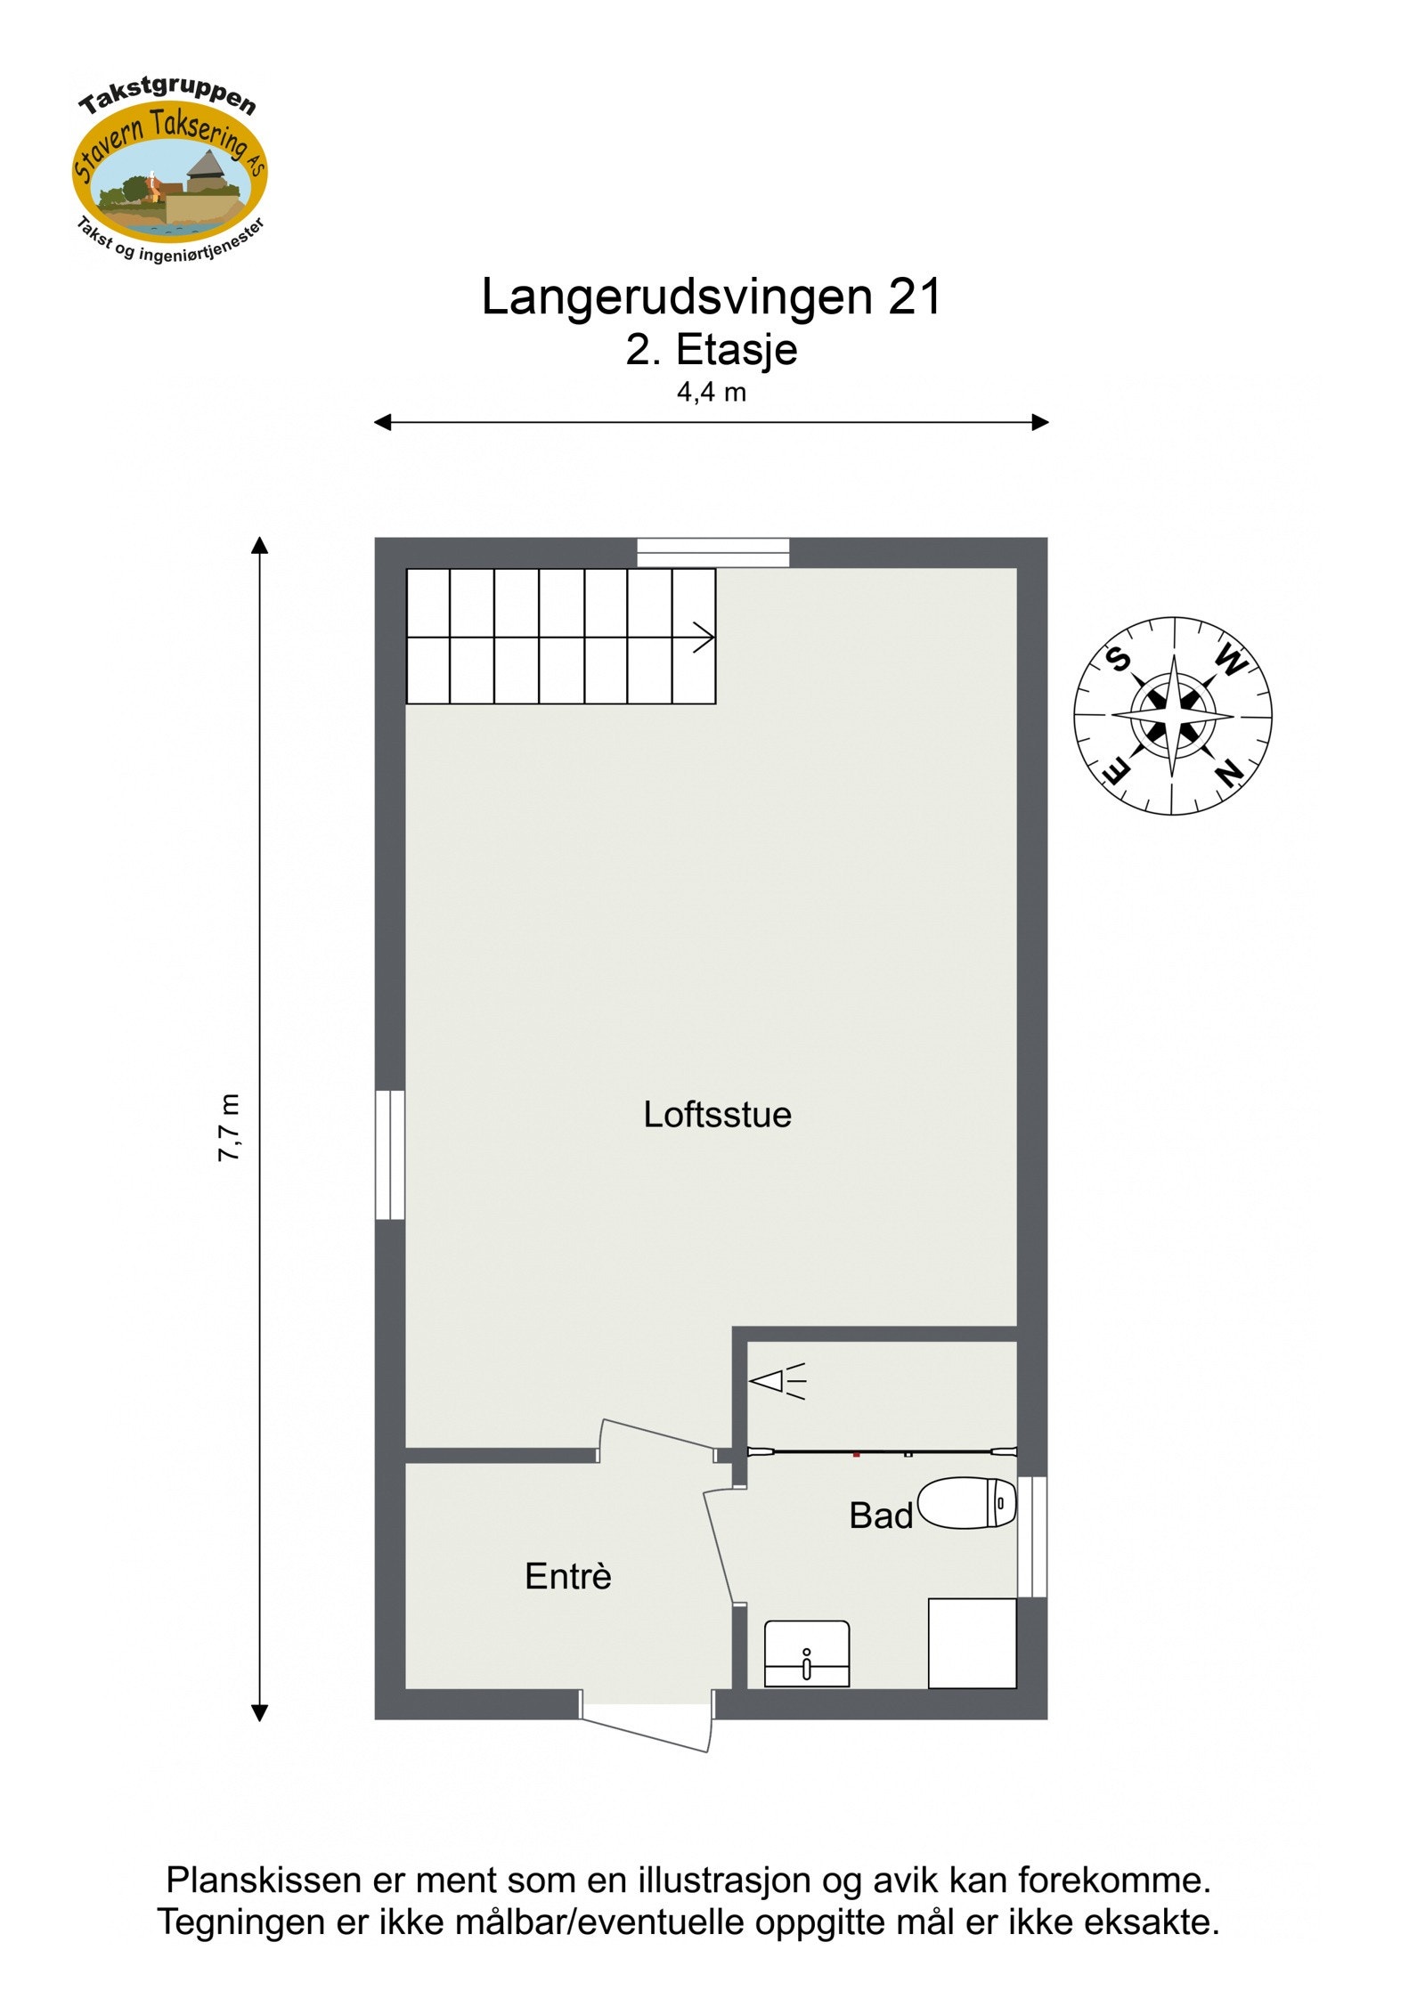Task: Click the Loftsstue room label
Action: tap(717, 1115)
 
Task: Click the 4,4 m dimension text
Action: tap(712, 393)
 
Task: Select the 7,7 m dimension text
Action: tap(230, 1127)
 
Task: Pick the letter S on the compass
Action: tap(1118, 660)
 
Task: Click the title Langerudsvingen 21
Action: tap(712, 297)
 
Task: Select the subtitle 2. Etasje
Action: tap(712, 350)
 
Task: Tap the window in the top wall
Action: tap(713, 552)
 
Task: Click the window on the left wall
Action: tap(390, 1154)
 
